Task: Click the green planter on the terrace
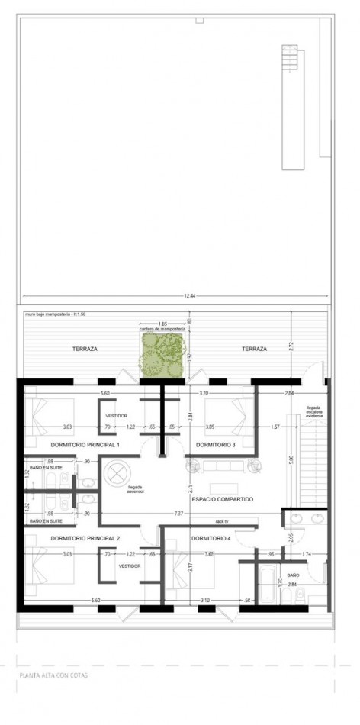pyautogui.click(x=160, y=356)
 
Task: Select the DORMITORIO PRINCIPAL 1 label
pyautogui.click(x=85, y=444)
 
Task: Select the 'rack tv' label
pyautogui.click(x=223, y=521)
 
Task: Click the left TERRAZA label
pyautogui.click(x=85, y=349)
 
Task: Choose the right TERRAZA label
pyautogui.click(x=255, y=349)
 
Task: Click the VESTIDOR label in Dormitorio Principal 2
pyautogui.click(x=127, y=567)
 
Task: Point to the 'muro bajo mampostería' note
pyautogui.click(x=58, y=314)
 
